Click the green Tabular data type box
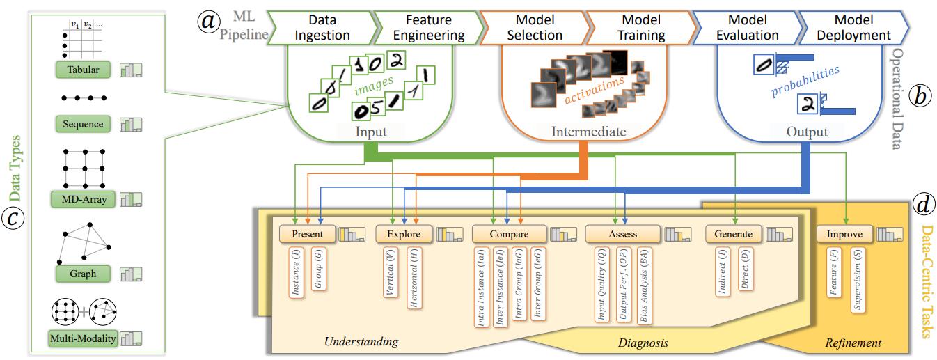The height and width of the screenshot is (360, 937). point(83,70)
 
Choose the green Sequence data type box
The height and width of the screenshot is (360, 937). point(83,125)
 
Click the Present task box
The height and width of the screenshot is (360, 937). point(307,234)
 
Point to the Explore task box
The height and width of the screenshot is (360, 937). point(404,234)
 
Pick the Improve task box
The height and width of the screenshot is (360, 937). point(844,234)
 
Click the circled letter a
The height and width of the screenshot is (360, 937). point(207,22)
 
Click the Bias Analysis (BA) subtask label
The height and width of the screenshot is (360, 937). point(646,286)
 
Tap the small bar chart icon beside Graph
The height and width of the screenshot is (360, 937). point(131,274)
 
